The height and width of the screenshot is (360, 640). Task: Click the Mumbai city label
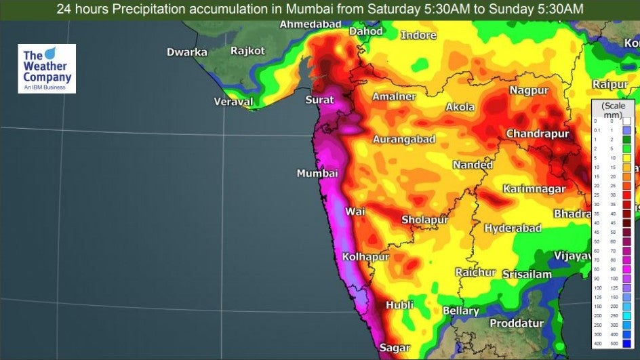point(317,174)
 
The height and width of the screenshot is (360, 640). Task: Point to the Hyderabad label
point(513,228)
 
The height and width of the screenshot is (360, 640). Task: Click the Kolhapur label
point(365,257)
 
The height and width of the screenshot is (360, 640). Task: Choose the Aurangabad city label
point(403,139)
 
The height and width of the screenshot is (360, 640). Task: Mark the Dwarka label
point(187,52)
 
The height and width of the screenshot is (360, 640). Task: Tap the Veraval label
point(233,102)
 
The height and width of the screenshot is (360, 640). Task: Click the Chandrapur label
point(537,134)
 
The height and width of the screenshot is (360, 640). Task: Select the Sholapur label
point(425,220)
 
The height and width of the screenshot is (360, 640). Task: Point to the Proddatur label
point(517,323)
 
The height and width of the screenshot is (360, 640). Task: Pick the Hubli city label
point(399,305)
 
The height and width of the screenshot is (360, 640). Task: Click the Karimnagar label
point(533,188)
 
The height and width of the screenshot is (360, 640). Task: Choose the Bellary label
point(460,311)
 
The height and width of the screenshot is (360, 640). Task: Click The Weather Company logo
point(47,69)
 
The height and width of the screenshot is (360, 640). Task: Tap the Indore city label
point(418,35)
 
